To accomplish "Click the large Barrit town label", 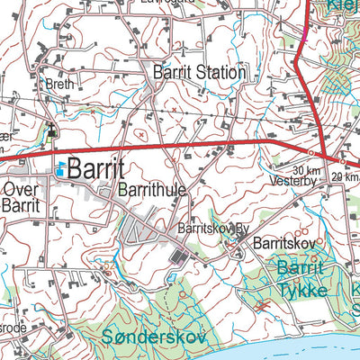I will click(x=95, y=168).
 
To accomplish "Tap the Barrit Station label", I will click(x=199, y=72).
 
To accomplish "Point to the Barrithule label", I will click(x=152, y=190).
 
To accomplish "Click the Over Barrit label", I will click(x=20, y=197).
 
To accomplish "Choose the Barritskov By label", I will click(x=212, y=229).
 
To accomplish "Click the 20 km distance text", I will click(x=346, y=176).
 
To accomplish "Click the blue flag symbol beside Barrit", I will click(x=60, y=167).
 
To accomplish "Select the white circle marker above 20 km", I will click(x=342, y=162).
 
